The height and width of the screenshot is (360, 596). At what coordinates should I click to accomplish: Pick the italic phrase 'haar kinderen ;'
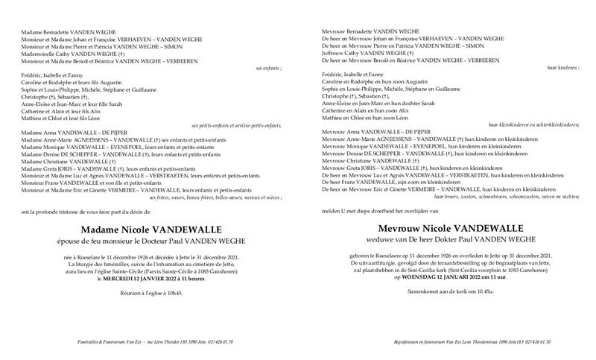(x=563, y=68)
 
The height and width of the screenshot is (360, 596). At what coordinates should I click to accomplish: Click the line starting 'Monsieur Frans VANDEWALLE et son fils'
(x=92, y=183)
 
